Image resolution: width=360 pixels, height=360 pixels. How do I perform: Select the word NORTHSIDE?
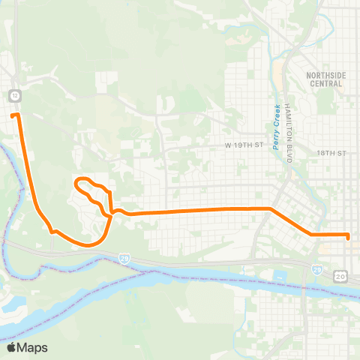[324, 75]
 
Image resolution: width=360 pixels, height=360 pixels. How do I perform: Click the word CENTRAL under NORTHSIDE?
[324, 83]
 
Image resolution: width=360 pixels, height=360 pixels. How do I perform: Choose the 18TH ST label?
[330, 152]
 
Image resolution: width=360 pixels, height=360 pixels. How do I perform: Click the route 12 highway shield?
[14, 95]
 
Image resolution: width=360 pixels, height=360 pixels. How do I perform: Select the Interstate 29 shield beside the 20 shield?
[317, 268]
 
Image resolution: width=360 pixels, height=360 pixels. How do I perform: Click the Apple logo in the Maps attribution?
[11, 347]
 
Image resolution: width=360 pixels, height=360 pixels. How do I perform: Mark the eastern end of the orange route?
[349, 237]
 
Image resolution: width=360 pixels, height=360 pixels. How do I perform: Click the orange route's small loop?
[91, 192]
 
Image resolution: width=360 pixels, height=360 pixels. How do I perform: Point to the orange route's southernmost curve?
[88, 244]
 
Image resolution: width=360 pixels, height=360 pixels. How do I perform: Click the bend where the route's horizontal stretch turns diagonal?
[269, 208]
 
